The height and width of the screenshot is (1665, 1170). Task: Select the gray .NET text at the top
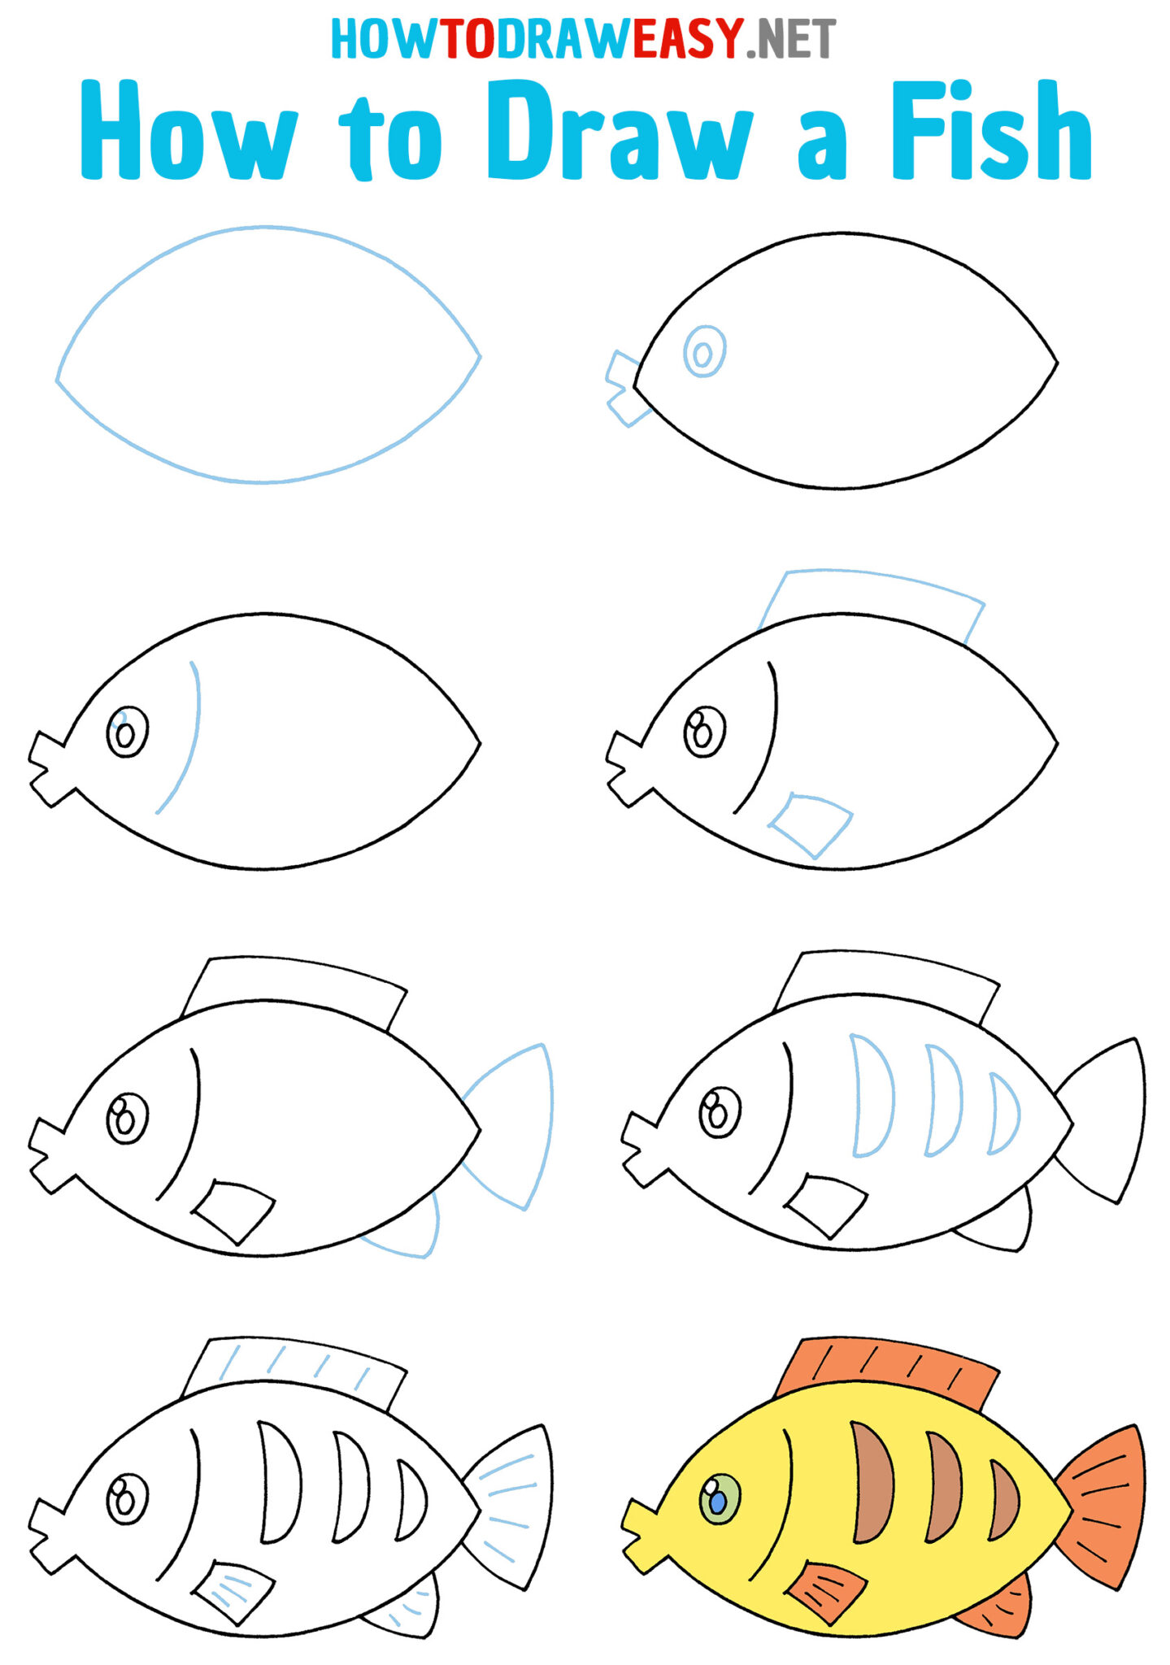790,38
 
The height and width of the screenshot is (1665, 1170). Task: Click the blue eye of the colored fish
718,1501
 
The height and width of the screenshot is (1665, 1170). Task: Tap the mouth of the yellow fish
642,1532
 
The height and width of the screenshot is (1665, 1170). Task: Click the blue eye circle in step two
704,352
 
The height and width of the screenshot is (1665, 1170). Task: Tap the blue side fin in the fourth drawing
813,823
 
